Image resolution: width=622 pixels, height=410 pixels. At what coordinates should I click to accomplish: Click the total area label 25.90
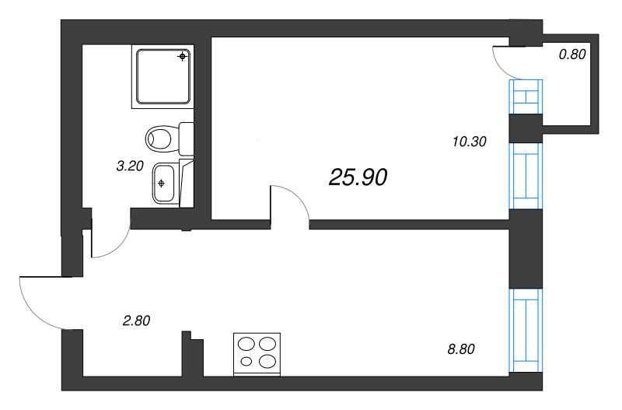coord(358,177)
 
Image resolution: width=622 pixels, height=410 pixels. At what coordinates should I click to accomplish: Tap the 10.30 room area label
coord(470,142)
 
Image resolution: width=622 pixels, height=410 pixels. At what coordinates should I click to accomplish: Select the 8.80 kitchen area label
coord(461,349)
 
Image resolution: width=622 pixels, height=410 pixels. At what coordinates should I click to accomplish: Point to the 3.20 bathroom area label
coord(130,166)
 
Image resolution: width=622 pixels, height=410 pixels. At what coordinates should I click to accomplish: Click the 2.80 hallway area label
coord(137,321)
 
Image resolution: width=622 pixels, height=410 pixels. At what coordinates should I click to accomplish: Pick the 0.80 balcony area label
coord(572,54)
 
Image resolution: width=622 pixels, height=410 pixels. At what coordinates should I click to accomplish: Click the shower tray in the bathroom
coord(163,76)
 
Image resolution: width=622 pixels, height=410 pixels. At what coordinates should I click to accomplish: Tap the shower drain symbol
coord(183,56)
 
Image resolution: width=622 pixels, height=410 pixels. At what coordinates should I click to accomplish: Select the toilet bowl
coord(159,139)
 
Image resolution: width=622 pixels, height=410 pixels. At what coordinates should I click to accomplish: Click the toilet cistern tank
coord(186,138)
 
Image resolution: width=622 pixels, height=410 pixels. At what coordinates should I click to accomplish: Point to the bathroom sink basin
coord(163,183)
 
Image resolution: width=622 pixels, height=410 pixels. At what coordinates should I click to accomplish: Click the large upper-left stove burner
coord(246,344)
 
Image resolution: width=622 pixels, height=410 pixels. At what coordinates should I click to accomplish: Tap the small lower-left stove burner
coord(246,361)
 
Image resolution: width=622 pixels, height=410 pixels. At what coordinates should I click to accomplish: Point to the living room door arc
coord(297,198)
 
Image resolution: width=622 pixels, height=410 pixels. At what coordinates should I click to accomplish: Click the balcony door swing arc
coord(498,66)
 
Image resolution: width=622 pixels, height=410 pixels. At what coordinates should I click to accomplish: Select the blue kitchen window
coord(526,330)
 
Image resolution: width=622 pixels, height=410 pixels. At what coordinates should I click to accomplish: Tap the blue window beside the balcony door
coord(526,96)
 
